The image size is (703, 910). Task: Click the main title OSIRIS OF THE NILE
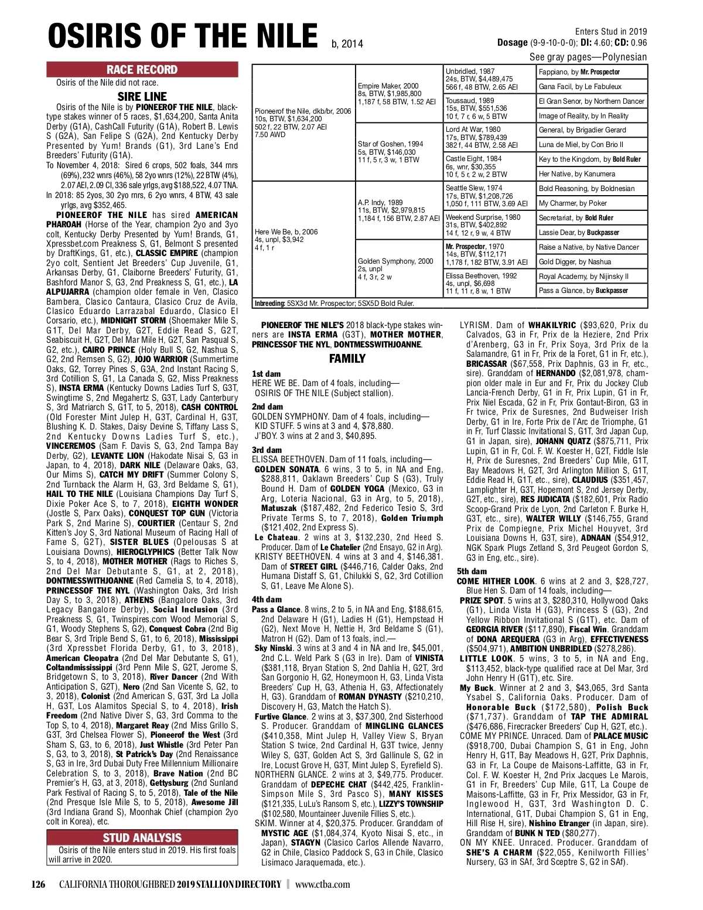(183, 36)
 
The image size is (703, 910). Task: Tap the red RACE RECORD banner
(142, 70)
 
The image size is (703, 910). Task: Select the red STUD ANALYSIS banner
(142, 837)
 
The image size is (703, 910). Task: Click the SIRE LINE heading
(142, 97)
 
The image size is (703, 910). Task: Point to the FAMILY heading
(347, 358)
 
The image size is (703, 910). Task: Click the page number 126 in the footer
(39, 884)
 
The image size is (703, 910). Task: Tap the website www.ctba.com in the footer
(322, 884)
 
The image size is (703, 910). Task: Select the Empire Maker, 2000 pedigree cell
(398, 94)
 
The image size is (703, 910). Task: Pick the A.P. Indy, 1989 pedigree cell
(398, 210)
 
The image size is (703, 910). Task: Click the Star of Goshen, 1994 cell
(398, 152)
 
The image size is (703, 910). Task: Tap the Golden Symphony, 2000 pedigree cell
(398, 269)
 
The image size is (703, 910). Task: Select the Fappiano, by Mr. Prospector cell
(592, 72)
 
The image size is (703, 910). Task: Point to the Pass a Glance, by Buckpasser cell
(592, 291)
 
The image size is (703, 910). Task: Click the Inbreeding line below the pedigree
(334, 304)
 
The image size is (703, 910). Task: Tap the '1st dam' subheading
(266, 374)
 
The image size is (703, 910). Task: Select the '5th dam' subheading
(472, 571)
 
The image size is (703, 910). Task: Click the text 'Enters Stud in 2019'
(610, 32)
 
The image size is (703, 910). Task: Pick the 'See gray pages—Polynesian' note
(588, 57)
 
